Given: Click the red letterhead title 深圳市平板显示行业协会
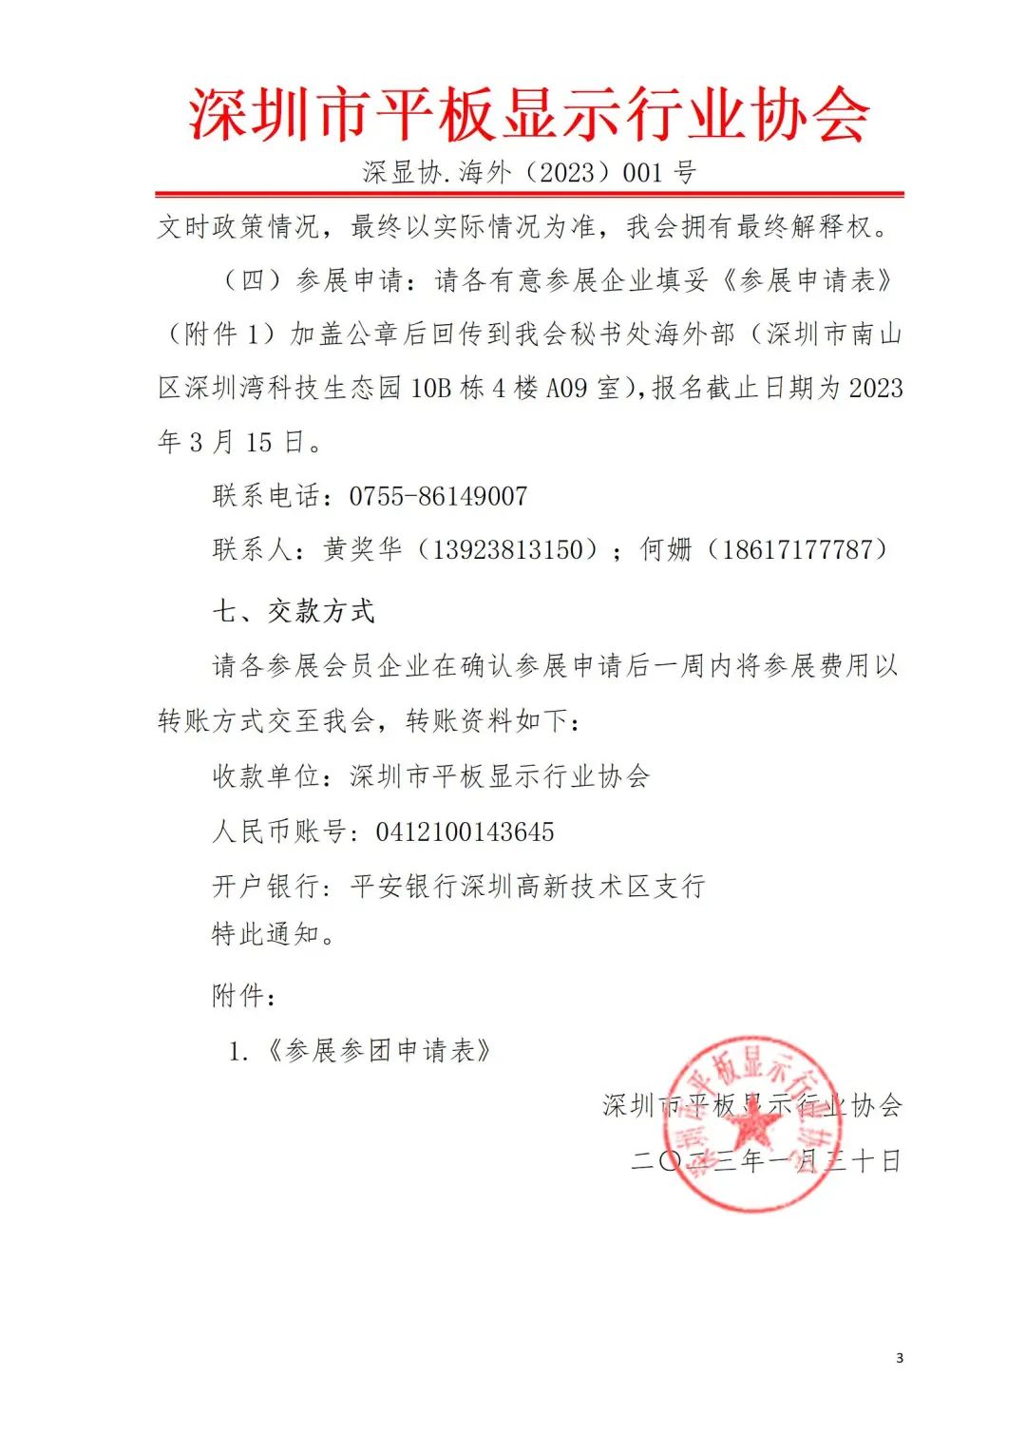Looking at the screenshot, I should [x=529, y=114].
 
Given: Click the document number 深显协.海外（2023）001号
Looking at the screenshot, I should [x=529, y=172].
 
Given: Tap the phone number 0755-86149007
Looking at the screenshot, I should [x=438, y=496].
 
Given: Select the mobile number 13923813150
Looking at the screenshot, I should [x=507, y=550].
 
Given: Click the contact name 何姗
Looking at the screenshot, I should [x=666, y=550].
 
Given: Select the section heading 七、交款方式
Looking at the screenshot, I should [x=294, y=611].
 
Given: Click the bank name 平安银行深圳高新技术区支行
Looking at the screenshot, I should [x=528, y=887].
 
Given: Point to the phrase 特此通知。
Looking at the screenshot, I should [x=274, y=934].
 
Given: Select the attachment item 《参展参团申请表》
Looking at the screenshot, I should [x=378, y=1051].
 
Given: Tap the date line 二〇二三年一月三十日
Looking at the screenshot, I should [x=766, y=1161].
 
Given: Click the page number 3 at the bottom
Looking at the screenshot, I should [x=900, y=1358].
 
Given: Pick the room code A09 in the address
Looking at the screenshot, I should [x=567, y=388].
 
